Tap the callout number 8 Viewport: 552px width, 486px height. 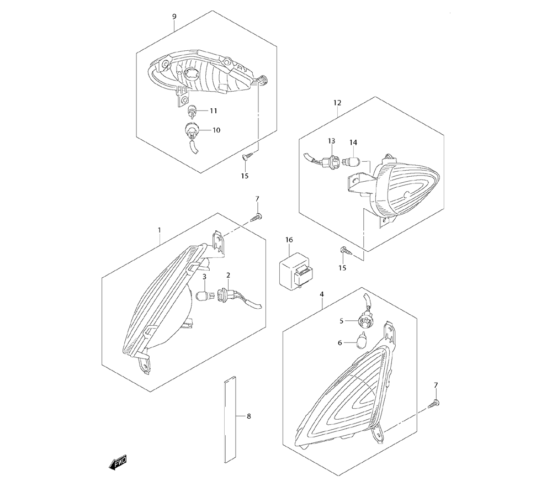249,416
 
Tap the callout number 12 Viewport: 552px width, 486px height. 337,103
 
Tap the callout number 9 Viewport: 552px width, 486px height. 174,17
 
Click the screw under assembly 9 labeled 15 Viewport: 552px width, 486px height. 246,156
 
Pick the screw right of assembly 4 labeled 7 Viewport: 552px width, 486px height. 434,405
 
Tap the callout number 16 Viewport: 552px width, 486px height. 289,240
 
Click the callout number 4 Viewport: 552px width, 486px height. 322,295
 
